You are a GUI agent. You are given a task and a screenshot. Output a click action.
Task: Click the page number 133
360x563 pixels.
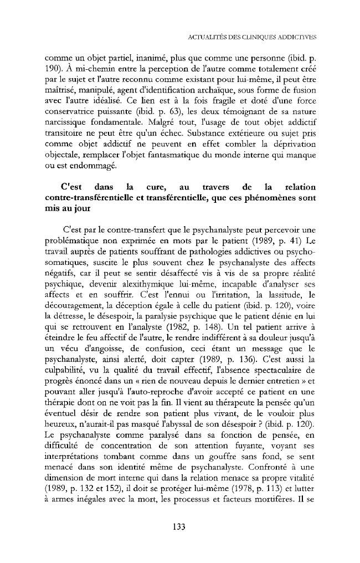coord(178,526)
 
